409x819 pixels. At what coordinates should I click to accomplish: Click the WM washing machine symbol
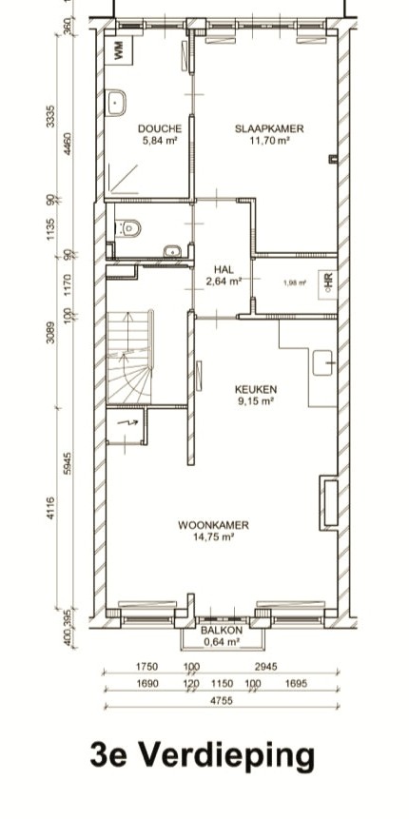[118, 49]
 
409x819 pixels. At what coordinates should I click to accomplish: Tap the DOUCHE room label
[160, 128]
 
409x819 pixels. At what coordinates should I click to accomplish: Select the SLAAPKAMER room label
[269, 128]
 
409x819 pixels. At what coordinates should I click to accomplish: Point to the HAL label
[224, 269]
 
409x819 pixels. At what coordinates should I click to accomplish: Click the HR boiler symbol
[328, 283]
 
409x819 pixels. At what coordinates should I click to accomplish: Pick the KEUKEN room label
[256, 389]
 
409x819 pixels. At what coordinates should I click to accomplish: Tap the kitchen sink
[322, 363]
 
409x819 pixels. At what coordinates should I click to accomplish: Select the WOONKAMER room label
[213, 525]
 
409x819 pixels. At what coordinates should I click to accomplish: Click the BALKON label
[222, 631]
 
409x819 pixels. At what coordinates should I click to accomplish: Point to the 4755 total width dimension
[222, 700]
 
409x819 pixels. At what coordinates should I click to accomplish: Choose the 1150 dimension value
[222, 683]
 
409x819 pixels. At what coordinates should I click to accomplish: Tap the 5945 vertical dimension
[68, 463]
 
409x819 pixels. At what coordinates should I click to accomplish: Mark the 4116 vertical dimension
[50, 508]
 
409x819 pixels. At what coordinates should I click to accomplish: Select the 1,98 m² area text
[295, 283]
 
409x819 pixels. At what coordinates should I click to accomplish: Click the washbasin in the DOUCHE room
[116, 103]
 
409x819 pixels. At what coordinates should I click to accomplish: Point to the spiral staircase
[130, 358]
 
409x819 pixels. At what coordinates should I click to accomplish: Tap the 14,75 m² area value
[214, 536]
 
